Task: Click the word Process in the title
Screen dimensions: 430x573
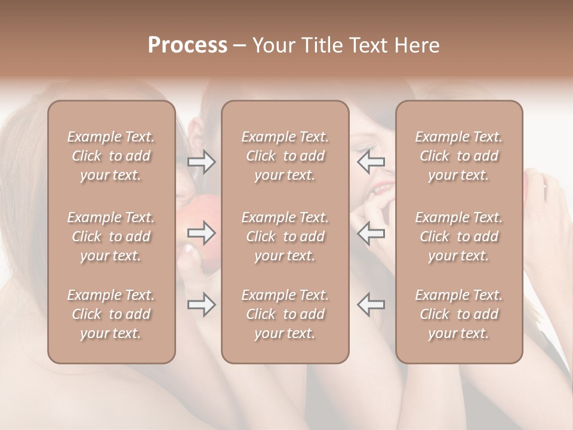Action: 187,45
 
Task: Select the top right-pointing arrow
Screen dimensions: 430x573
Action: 201,162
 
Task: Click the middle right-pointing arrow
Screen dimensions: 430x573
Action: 201,233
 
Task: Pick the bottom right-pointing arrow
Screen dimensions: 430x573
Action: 201,305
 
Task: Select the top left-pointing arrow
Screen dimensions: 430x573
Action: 371,162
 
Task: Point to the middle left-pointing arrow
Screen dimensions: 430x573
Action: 371,233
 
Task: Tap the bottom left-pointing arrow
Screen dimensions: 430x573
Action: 371,305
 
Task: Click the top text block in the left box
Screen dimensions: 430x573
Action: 111,156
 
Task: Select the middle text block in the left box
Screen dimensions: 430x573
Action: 111,236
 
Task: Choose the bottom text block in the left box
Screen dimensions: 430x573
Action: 111,314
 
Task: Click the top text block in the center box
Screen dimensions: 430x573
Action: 285,156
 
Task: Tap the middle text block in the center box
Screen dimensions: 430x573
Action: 285,236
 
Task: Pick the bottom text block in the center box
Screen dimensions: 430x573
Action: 285,314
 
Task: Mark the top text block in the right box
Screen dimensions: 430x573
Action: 459,156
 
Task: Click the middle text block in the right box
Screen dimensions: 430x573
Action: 459,236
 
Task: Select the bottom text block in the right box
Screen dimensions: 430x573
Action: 459,314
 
